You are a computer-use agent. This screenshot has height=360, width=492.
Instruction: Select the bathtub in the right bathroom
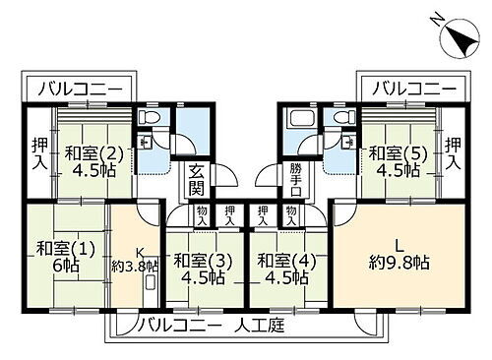[297, 123]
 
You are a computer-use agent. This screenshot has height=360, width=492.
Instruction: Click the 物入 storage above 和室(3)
[201, 215]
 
